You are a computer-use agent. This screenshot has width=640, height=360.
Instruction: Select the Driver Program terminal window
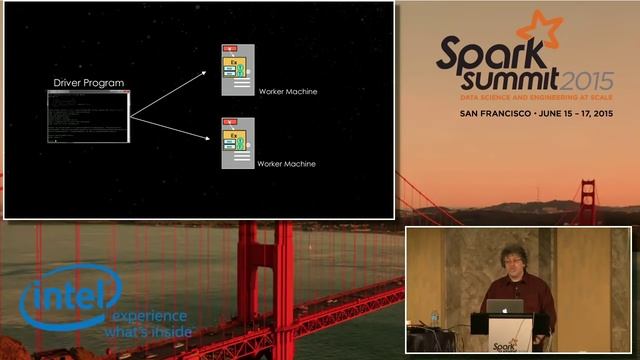point(88,116)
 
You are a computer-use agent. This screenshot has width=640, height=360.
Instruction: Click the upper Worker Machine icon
point(237,70)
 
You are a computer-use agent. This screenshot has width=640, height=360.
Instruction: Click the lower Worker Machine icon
point(237,143)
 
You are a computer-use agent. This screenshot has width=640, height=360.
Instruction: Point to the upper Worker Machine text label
point(287,91)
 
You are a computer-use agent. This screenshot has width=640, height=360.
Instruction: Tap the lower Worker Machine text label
point(286,163)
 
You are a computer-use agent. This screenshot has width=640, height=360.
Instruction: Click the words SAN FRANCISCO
point(494,115)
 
